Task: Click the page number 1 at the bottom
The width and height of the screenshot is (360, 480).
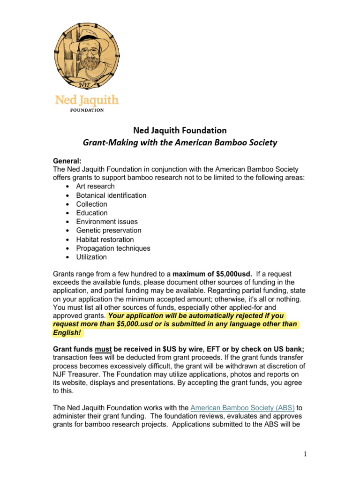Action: pos(304,454)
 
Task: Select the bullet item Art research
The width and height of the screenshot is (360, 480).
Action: pos(95,187)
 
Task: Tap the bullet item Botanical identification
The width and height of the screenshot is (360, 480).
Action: pos(111,195)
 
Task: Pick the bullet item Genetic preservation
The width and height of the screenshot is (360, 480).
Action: pos(109,231)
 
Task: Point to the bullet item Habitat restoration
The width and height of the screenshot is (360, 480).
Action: pos(105,240)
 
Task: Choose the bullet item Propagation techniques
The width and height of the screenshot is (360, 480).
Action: pos(113,248)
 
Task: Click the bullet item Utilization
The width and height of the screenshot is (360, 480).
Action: pos(91,257)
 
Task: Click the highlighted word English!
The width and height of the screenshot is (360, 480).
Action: pos(67,333)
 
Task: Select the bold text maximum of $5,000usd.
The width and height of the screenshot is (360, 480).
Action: pos(212,273)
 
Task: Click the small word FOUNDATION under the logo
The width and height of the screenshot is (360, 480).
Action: pos(87,110)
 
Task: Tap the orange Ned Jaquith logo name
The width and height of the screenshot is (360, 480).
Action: pos(87,100)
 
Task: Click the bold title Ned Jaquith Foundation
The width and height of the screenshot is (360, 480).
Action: pos(180,130)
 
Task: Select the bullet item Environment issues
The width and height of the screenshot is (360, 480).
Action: pos(107,222)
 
